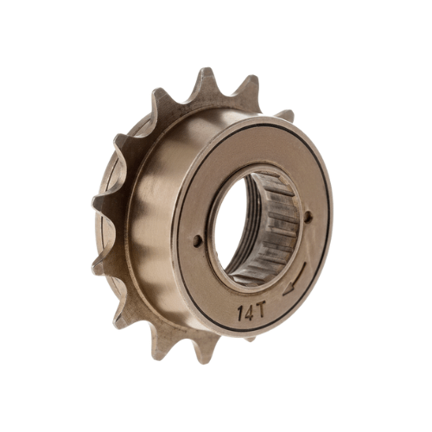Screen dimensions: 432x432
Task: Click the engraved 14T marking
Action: pyautogui.click(x=251, y=312)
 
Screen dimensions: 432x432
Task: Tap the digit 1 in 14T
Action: pyautogui.click(x=240, y=314)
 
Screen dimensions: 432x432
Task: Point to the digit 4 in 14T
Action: pyautogui.click(x=248, y=313)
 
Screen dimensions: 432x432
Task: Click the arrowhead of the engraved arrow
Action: pyautogui.click(x=289, y=290)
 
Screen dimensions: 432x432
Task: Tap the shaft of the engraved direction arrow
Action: pyautogui.click(x=300, y=276)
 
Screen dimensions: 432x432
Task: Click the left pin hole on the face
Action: pyautogui.click(x=197, y=240)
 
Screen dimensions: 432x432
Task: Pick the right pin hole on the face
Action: pyautogui.click(x=308, y=217)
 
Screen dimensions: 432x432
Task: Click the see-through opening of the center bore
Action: pyautogui.click(x=231, y=224)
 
